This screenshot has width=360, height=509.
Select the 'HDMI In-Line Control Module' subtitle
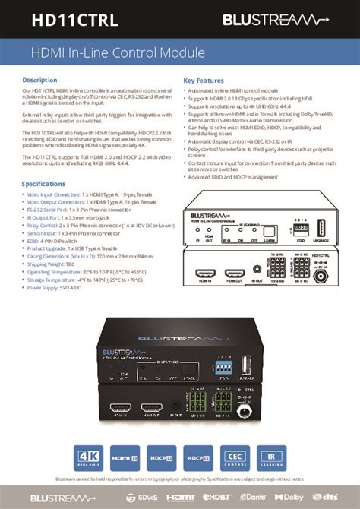coord(118,53)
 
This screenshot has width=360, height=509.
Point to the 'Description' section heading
coord(39,80)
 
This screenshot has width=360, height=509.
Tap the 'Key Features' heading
coord(204,80)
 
